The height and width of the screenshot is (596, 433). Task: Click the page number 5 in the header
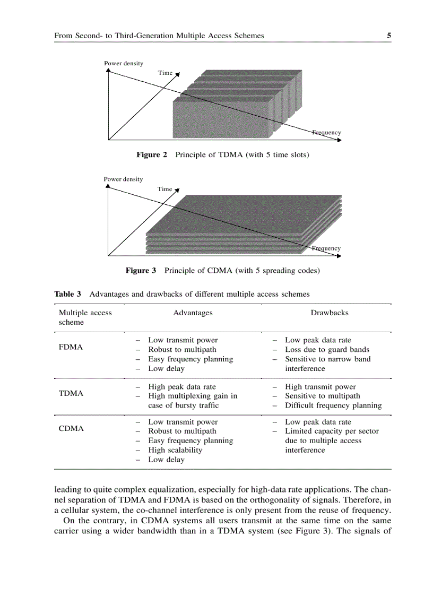tap(388, 36)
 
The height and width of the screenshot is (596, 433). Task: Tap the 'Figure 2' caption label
tap(152, 155)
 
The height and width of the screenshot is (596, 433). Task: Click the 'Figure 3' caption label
tap(141, 271)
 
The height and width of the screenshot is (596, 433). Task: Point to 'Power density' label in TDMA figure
tap(124, 64)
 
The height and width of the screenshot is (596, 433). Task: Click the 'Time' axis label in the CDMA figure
tap(165, 189)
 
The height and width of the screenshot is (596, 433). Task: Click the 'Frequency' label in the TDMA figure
tap(327, 133)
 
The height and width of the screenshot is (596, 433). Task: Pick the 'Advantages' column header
tap(193, 313)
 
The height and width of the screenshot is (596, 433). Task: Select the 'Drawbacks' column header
tap(329, 313)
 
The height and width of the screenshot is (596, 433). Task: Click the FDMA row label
tap(71, 347)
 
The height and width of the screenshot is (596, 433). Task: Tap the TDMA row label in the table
tap(71, 394)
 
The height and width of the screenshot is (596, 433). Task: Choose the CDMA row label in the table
tap(71, 428)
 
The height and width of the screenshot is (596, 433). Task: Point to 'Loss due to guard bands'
tap(327, 350)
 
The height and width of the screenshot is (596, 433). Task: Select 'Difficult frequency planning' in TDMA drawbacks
tap(333, 405)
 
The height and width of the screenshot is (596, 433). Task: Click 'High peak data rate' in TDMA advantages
tap(182, 387)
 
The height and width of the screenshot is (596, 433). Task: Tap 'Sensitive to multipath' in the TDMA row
tap(322, 396)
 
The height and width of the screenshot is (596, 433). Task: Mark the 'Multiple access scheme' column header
tap(85, 317)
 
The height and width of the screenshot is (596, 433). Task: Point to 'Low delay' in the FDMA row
tap(166, 368)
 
